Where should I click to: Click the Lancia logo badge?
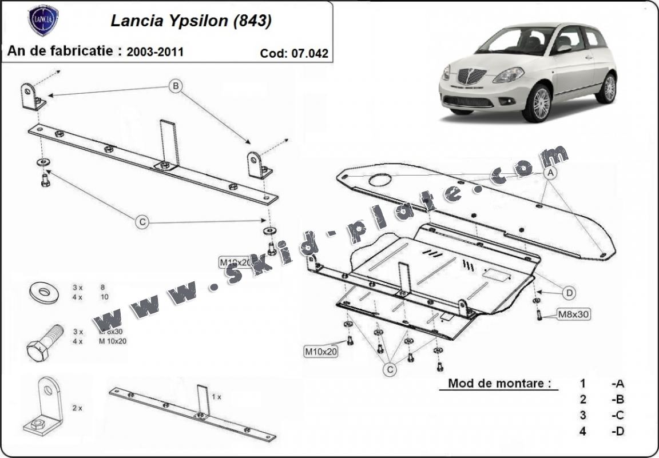(x=43, y=21)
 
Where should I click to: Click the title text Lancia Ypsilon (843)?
(x=190, y=21)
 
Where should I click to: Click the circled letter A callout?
(x=550, y=172)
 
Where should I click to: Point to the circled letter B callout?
(x=176, y=86)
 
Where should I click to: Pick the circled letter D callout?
(x=569, y=293)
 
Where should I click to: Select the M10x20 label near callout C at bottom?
(x=320, y=352)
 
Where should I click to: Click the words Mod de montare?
(x=495, y=383)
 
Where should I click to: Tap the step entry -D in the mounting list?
(x=617, y=431)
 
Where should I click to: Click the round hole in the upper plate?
(x=380, y=181)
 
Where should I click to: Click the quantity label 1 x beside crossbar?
(x=216, y=396)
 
